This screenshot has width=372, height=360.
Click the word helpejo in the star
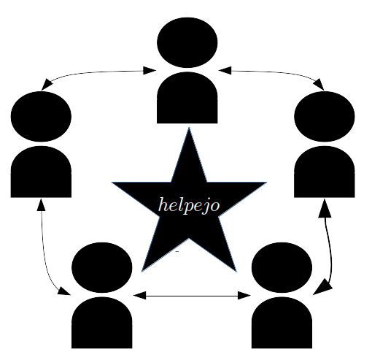pos(189,206)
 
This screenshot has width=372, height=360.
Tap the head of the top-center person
pos(187,42)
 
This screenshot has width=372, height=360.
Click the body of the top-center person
pos(187,98)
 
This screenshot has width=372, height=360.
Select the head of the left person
pos(41,116)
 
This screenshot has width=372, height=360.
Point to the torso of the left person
pos(41,172)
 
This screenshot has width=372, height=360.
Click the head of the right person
pos(325,116)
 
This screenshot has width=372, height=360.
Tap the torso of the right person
pos(325,172)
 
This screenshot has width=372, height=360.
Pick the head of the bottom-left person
pos(102,267)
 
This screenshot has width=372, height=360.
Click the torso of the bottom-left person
pos(102,323)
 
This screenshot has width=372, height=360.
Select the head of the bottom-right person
pos(282,267)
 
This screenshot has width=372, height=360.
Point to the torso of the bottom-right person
pos(282,323)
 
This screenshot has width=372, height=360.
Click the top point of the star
pos(189,127)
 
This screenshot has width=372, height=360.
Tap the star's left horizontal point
pos(112,182)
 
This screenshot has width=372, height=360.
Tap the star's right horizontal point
pos(267,182)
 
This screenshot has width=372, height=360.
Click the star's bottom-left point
pos(142,272)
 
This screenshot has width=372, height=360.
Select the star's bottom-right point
pos(236,272)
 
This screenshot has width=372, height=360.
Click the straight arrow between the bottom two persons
pos(192,296)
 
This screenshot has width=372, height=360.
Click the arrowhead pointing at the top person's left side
pos(150,71)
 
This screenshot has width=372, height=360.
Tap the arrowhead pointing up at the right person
pos(325,208)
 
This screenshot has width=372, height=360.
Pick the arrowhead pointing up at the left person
pos(41,205)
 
